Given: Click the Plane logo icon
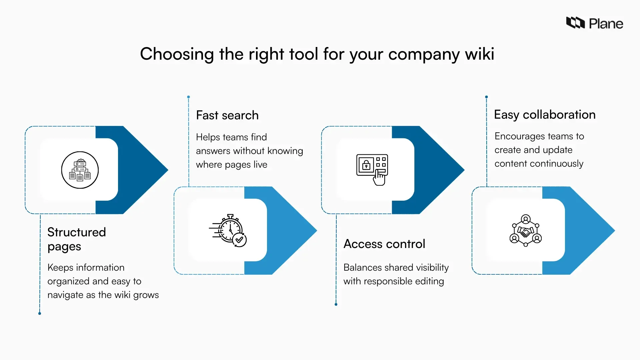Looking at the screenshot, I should tap(575, 23).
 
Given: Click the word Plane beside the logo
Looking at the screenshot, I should tap(606, 24).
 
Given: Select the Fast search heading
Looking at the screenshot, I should tap(227, 115).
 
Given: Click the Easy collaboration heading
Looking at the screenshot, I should tap(544, 115).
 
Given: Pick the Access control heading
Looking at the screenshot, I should tap(384, 244).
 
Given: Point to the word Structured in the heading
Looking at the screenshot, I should tap(76, 232).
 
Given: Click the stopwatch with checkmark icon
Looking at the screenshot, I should tap(228, 231).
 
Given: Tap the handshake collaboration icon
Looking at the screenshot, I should tap(525, 231).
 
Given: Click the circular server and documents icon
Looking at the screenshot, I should tap(80, 170).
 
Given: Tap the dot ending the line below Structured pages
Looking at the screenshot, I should tap(40, 313).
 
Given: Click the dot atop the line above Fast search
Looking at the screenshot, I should tap(188, 97).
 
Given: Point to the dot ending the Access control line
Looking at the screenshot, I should tap(336, 304).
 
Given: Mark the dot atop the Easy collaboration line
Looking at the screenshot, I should tap(486, 97).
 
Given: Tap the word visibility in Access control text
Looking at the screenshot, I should tap(432, 268).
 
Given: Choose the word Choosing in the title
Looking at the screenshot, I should tap(177, 54).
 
